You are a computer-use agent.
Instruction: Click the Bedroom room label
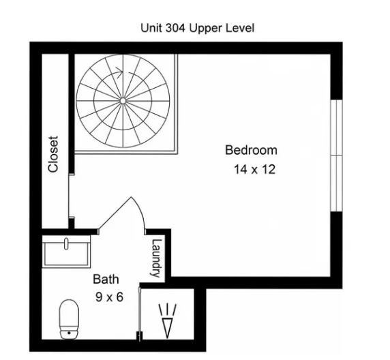click(251, 150)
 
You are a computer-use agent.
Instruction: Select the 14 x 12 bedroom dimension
click(254, 170)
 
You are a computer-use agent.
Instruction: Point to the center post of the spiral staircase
click(123, 101)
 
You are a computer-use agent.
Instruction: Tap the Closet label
click(53, 153)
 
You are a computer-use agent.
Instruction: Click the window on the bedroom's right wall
click(336, 156)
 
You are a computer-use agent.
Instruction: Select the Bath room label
click(106, 279)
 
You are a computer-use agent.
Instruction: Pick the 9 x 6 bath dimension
click(109, 297)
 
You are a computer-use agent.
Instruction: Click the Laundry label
click(156, 257)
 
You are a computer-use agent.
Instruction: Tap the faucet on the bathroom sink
click(67, 243)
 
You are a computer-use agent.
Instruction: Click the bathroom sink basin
click(67, 253)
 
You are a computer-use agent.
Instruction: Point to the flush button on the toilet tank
click(68, 334)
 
